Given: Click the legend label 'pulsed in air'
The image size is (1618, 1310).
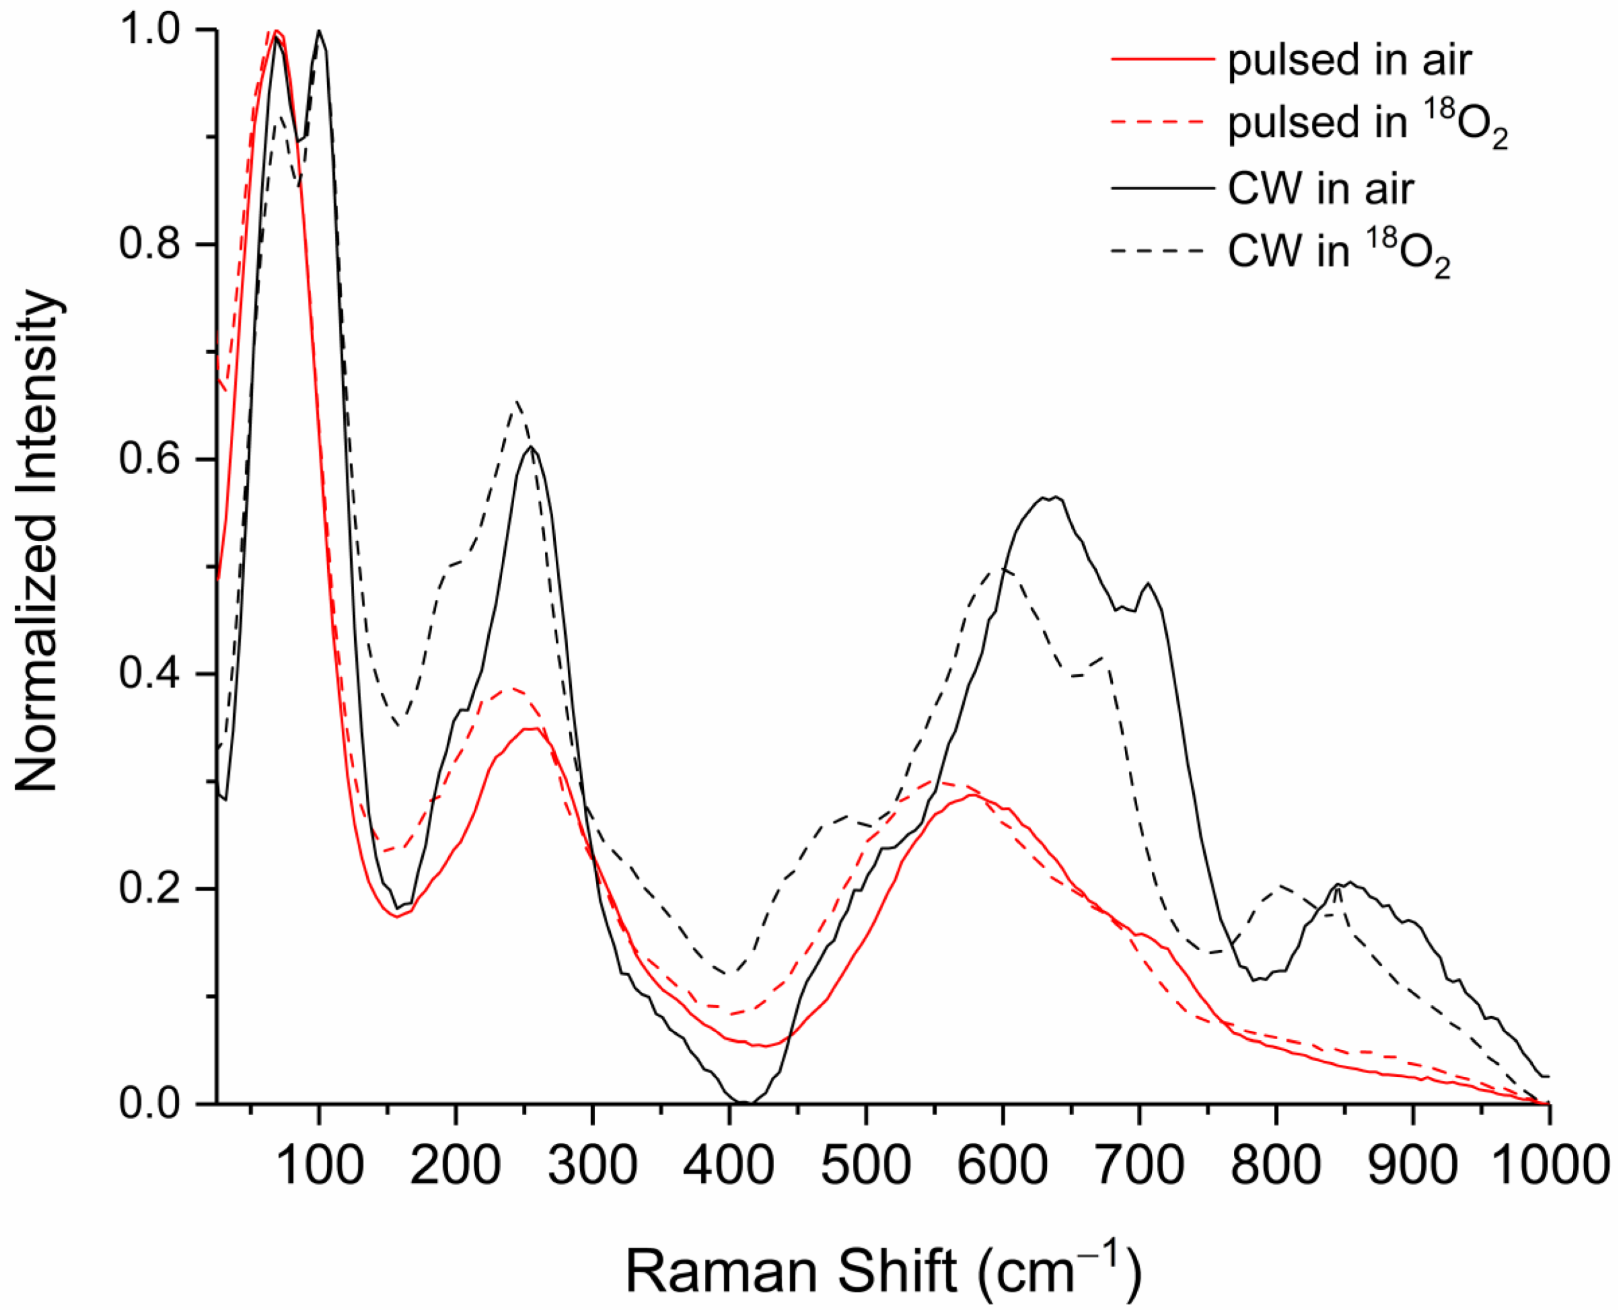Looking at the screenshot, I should point(1349,60).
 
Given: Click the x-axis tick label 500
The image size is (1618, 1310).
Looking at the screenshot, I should point(866,1166).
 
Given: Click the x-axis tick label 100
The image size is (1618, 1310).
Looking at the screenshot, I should point(320,1166).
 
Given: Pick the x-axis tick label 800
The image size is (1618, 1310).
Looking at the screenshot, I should point(1275,1166).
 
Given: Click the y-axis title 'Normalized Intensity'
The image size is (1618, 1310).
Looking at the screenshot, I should point(38,542).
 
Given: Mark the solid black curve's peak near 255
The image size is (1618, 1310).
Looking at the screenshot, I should point(531,447).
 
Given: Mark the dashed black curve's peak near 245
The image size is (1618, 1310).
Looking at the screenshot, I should point(517,401).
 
